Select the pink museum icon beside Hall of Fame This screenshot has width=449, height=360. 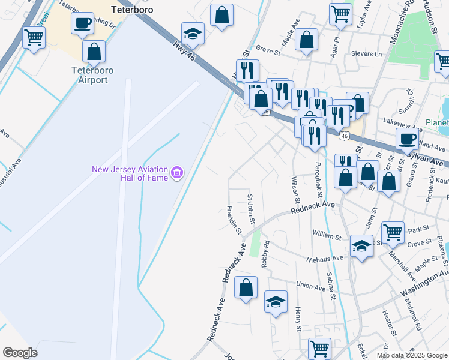point(176,174)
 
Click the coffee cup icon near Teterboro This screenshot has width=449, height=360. point(83,24)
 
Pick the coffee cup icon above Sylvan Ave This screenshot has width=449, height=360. point(407,139)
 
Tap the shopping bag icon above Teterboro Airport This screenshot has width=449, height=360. point(94,52)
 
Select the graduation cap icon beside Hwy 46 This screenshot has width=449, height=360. point(193,34)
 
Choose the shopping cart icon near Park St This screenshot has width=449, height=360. point(393,231)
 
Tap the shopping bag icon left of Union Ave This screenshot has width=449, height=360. point(246,287)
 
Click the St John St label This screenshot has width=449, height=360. point(252,209)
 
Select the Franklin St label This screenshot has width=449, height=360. point(234,220)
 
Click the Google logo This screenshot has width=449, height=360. point(20,353)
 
